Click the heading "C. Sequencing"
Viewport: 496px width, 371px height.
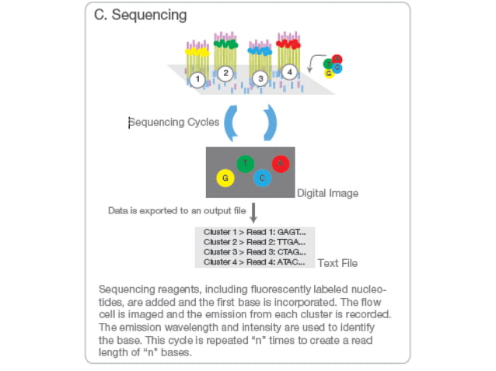point(140,16)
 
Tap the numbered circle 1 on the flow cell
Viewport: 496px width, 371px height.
point(197,79)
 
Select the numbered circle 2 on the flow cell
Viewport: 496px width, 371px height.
point(225,74)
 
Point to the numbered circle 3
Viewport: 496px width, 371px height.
point(260,78)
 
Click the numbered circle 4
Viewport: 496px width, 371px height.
point(290,72)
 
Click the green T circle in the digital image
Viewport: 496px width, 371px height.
point(245,163)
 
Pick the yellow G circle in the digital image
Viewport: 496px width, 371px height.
point(225,179)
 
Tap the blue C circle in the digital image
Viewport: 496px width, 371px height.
point(263,179)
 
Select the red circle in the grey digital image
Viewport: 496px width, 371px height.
point(281,164)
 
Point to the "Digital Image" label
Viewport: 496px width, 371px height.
point(327,192)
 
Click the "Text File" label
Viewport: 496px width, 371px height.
point(337,263)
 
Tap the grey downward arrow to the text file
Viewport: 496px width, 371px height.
point(252,212)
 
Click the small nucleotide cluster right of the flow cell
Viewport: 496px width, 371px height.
point(333,66)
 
